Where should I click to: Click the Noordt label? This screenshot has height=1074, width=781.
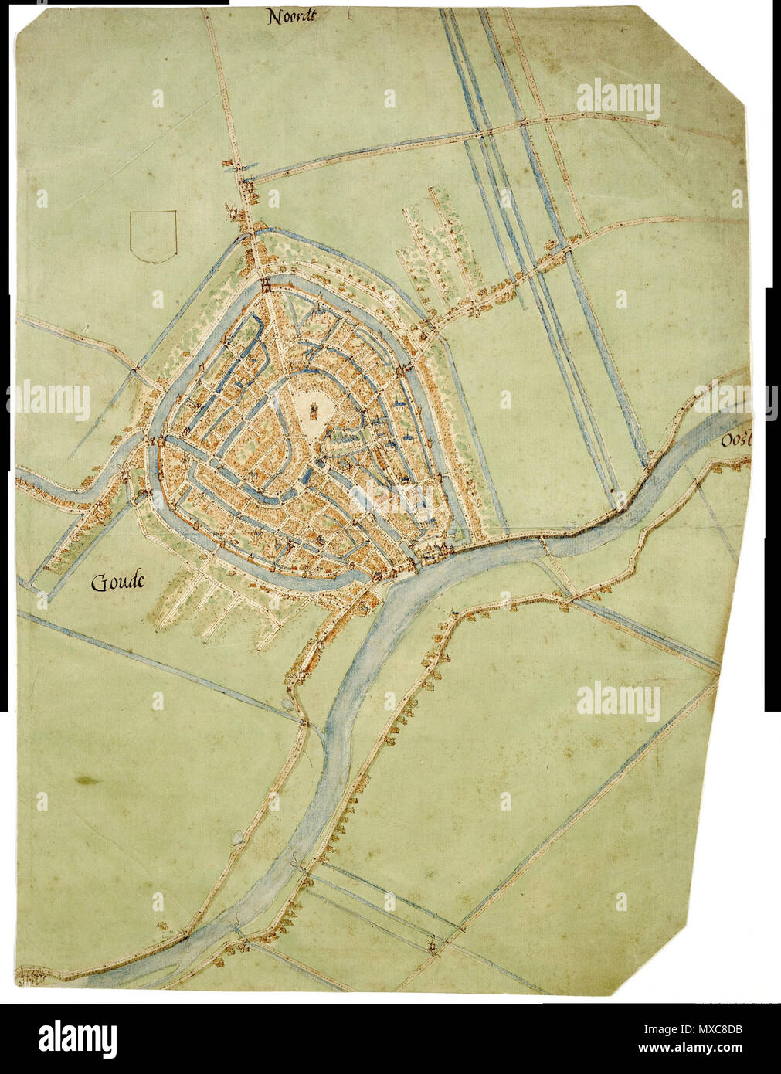(x=294, y=16)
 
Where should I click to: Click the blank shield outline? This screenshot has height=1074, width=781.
(x=154, y=235)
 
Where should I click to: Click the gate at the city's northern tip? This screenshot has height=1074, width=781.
(x=265, y=284)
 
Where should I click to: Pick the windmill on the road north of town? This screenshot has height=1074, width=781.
(x=229, y=210)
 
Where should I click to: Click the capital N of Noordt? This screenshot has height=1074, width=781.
(x=273, y=16)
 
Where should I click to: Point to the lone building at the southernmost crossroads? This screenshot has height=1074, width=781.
(x=433, y=945)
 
